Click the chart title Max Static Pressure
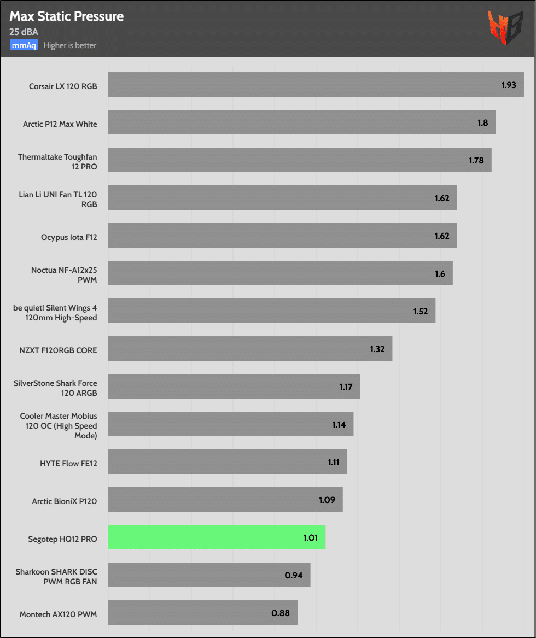pyautogui.click(x=67, y=17)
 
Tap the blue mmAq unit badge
pyautogui.click(x=24, y=45)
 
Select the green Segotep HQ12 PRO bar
pyautogui.click(x=217, y=537)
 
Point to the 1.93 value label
pyautogui.click(x=509, y=85)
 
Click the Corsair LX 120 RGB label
pyautogui.click(x=63, y=86)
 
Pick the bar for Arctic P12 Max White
pyautogui.click(x=301, y=122)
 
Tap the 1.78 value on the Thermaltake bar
pyautogui.click(x=476, y=161)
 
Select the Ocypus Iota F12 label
pyautogui.click(x=69, y=237)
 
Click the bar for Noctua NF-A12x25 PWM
pyautogui.click(x=280, y=273)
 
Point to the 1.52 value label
pyautogui.click(x=420, y=312)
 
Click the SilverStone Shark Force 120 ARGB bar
pyautogui.click(x=234, y=387)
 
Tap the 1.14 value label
pyautogui.click(x=339, y=424)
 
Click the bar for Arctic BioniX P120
pyautogui.click(x=225, y=500)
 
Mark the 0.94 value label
pyautogui.click(x=295, y=575)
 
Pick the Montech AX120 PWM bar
pyautogui.click(x=202, y=613)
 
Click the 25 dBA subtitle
pyautogui.click(x=24, y=32)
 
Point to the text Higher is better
pyautogui.click(x=70, y=45)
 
